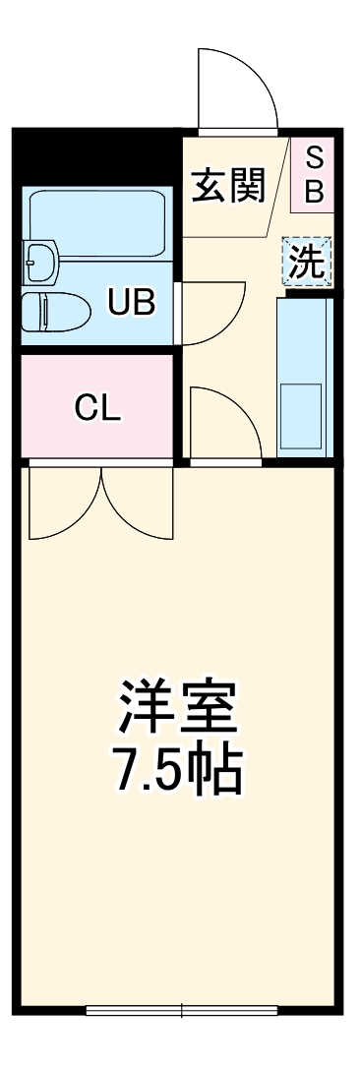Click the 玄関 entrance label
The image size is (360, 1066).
coord(229,185)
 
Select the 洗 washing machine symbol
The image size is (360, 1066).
coord(309,262)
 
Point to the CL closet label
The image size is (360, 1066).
coord(97,408)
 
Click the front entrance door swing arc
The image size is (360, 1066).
coord(236,89)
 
